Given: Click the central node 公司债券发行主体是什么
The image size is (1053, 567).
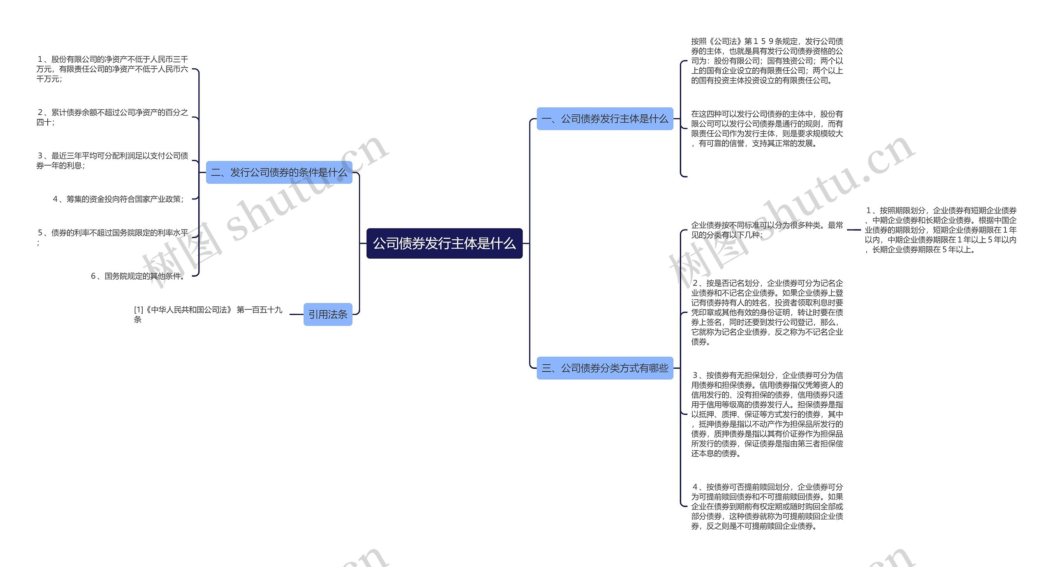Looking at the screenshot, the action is pos(444,243).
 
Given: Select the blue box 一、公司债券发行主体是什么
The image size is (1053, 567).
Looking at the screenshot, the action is pos(605,119).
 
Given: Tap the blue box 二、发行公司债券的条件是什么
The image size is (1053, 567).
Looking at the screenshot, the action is pos(279,172).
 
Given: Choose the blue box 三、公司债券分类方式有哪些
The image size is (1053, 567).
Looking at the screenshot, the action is pos(605,368).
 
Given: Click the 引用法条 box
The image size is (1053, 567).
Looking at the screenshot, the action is pos(328,315).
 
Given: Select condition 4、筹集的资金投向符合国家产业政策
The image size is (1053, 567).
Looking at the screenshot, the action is pos(118,199).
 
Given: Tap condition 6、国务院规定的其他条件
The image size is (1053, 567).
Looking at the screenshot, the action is pos(138,276).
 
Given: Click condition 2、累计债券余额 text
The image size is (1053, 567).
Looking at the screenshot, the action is pos(112,117).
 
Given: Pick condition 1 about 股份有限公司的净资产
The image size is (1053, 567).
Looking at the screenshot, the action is pos(112,69).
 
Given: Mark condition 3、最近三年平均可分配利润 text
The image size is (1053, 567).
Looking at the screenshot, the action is pos(112,160).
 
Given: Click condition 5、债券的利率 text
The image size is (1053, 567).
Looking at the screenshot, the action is pos(112,237).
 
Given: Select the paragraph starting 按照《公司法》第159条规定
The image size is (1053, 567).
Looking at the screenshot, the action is pos(767,61).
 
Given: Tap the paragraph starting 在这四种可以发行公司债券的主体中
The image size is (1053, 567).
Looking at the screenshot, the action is pos(767,129).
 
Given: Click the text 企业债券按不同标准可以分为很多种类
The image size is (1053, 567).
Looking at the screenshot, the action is pos(767,230).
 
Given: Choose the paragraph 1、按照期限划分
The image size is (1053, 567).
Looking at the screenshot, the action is pos(940,230).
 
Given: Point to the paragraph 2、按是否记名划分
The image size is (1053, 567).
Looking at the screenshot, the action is pos(767,312).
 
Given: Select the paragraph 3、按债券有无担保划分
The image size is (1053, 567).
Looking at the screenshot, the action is pos(767,414).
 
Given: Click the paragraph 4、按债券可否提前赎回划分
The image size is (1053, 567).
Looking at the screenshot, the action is pos(767,506).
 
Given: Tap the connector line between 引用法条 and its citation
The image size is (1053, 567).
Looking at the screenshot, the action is pos(296,315).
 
